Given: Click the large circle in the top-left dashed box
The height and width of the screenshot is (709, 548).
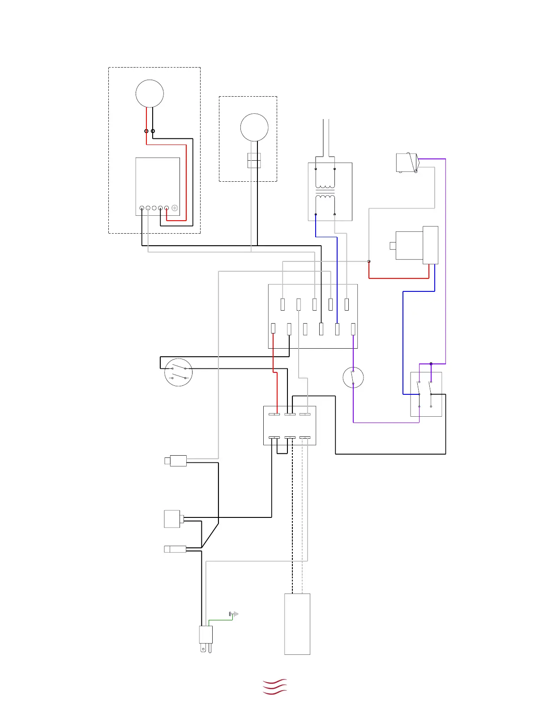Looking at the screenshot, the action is pos(150,94).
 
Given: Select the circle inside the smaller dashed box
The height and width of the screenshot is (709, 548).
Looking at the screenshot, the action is pos(254,127).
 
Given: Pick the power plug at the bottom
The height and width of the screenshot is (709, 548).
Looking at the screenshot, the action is pos(206,638).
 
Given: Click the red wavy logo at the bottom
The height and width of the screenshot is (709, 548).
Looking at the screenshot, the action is pos(274,687).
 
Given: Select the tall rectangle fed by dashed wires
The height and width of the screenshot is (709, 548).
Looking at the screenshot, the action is pos(297,624).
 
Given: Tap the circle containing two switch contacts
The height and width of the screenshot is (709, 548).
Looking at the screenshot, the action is pos(179,372).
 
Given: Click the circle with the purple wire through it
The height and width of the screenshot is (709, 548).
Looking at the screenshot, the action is pos(353,377).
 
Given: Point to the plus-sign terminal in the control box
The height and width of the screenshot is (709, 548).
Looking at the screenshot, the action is pos(175,208).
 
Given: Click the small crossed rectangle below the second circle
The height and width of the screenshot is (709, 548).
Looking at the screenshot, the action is pos(254,161).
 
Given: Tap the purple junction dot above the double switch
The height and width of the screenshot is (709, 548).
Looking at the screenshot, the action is pos(431,364).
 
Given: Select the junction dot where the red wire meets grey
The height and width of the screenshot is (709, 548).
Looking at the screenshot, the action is pos(369,261).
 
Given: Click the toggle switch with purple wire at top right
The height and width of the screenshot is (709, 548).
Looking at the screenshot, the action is pos(407,163).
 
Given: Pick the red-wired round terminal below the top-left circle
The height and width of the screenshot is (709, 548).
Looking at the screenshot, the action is pos(146,131).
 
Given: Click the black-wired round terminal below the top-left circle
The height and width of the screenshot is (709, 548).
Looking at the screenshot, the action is pos(153,131).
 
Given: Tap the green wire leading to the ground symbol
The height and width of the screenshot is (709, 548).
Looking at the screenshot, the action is pos(219,620).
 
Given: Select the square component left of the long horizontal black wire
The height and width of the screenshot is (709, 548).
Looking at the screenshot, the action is pos(173,519).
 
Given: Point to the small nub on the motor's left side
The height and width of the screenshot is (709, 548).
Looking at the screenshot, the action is pos(393,245).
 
